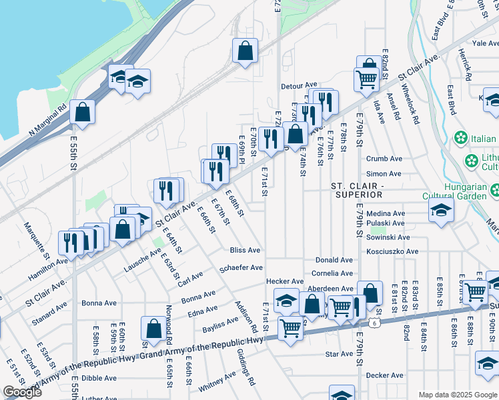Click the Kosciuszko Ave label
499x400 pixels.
[392, 251]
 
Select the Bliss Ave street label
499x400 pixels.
[244, 250]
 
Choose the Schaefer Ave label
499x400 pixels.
[241, 268]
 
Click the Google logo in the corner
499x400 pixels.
[22, 392]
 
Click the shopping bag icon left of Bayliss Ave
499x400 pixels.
[153, 328]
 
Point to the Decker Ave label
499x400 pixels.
[385, 375]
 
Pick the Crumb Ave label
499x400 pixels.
[384, 159]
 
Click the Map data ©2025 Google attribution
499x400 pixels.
[457, 395]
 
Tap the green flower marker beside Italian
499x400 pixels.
[460, 139]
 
